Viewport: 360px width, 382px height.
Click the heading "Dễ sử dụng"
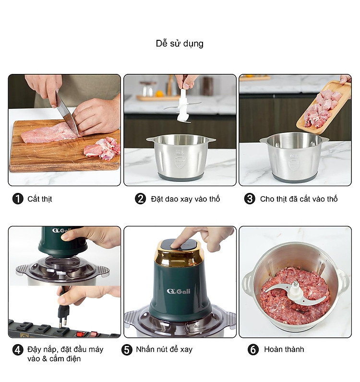tap(180, 44)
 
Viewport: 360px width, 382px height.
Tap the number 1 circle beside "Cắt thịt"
tap(18, 199)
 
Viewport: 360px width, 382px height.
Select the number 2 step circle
tap(140, 199)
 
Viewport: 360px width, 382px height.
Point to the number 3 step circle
tap(250, 199)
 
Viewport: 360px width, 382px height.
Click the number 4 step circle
tap(18, 350)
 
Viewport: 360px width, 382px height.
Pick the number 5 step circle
tap(127, 350)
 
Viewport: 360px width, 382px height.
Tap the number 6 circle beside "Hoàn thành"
tap(253, 350)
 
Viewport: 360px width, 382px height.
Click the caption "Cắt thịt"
tap(40, 199)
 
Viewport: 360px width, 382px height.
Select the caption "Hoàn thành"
tap(284, 349)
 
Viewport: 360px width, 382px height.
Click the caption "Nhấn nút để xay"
tap(164, 349)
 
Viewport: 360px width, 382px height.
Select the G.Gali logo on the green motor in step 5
tap(179, 291)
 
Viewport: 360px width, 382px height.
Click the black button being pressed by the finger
tap(180, 246)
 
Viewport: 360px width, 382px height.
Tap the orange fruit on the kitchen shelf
tap(159, 94)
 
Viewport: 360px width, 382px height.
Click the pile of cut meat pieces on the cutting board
tap(102, 148)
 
